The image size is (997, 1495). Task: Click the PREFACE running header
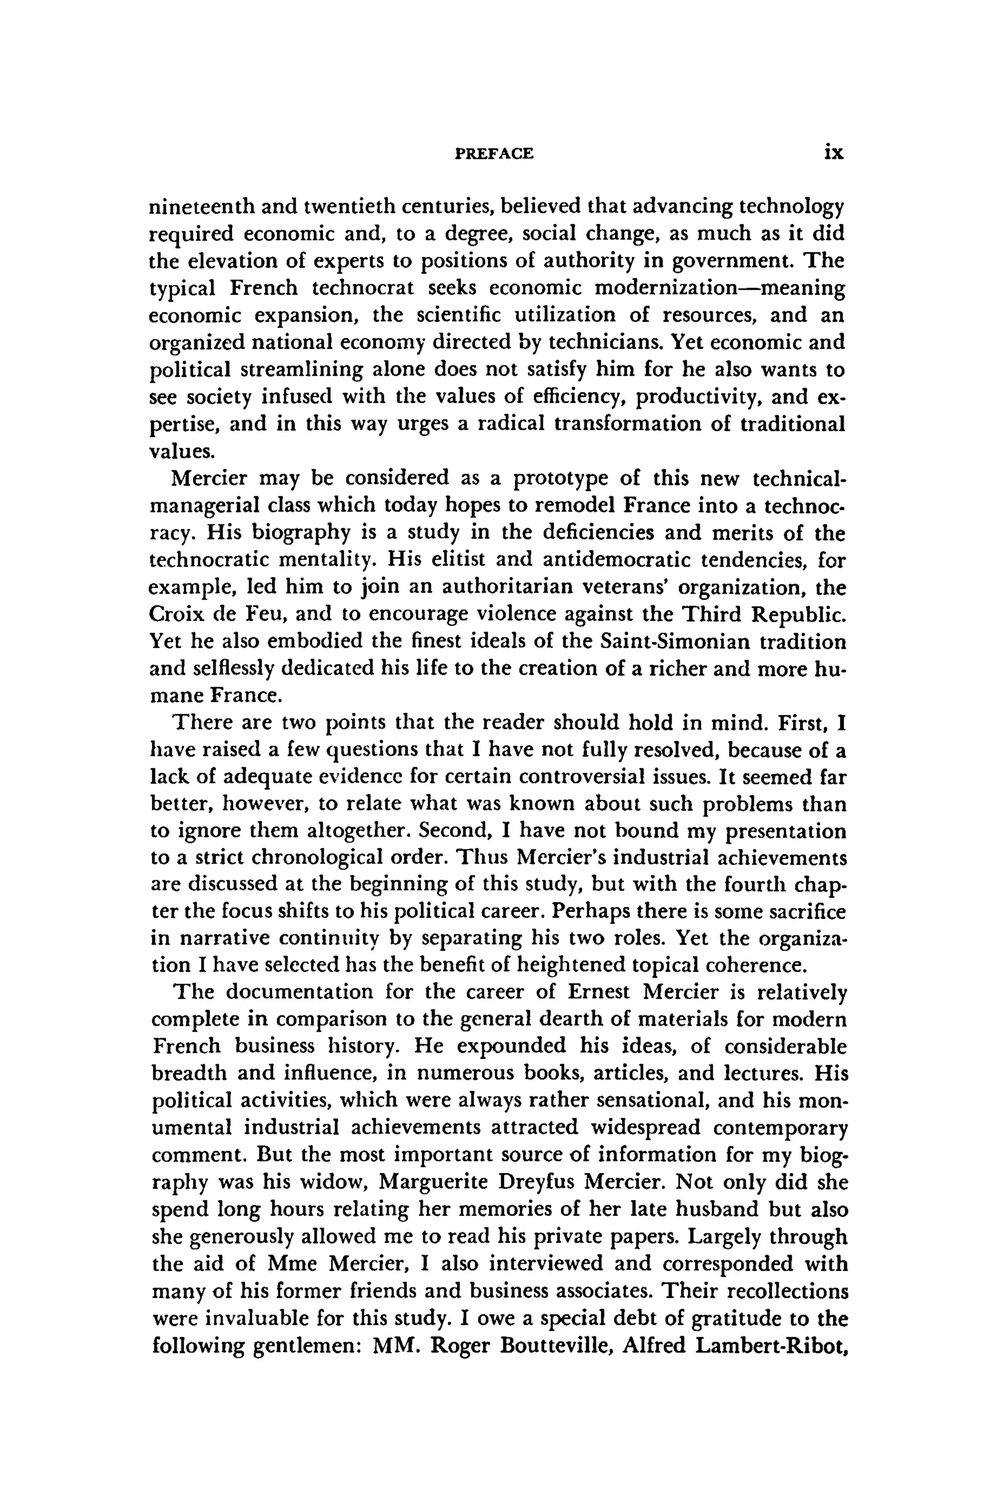495,153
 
